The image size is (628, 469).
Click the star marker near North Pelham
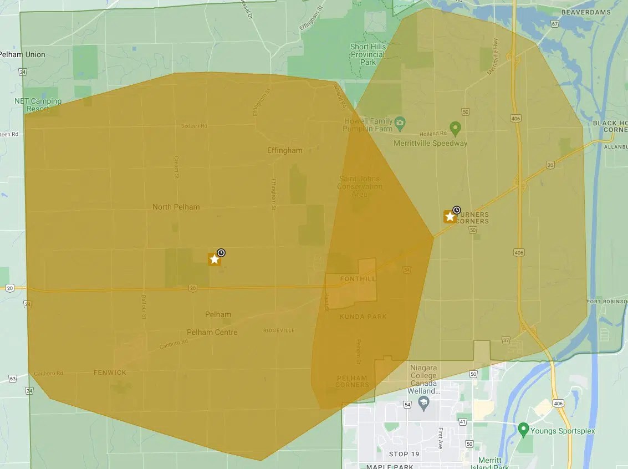click(214, 259)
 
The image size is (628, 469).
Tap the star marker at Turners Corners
click(450, 216)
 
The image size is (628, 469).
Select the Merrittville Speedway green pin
click(455, 129)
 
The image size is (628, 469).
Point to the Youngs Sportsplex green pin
click(523, 429)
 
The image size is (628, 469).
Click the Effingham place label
click(285, 150)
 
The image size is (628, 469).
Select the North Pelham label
click(176, 207)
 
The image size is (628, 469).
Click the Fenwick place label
click(110, 373)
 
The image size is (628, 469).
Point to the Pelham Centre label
click(212, 332)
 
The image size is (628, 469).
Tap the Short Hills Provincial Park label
click(367, 54)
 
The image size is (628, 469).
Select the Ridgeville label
click(279, 330)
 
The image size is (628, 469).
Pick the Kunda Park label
click(364, 317)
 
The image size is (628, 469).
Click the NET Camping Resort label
click(38, 105)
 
